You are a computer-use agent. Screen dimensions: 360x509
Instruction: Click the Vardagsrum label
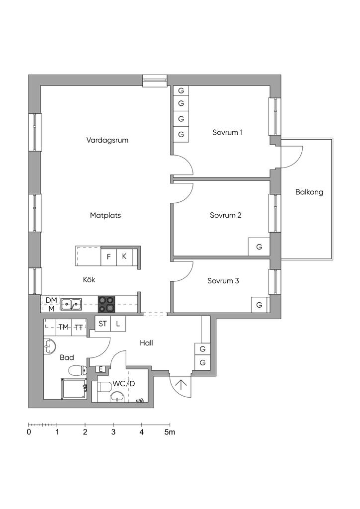coord(107,140)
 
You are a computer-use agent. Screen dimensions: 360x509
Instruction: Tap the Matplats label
coord(105,215)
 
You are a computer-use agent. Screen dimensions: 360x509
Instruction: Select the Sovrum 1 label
coord(228,132)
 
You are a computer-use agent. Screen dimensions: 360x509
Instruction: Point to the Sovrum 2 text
coord(226,215)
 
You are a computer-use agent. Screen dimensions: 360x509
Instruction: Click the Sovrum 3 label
coord(223,281)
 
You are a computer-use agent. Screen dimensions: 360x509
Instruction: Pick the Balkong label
coord(309,192)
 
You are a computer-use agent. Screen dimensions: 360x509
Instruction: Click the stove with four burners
coord(107,304)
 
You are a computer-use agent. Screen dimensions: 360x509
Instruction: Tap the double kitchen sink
coord(71,304)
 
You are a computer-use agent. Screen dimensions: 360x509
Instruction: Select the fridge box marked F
coord(109,256)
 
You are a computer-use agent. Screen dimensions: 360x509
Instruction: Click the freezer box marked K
coord(124,256)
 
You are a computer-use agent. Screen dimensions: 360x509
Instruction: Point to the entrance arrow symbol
coord(180,385)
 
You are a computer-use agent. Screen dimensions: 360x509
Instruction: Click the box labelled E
coord(100,369)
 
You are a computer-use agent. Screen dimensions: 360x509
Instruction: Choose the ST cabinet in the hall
coord(103,324)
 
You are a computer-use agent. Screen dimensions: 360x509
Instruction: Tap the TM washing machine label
coord(64,328)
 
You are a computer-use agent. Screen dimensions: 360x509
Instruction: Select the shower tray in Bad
coord(74,389)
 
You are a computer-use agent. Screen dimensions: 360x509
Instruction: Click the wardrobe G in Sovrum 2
coord(259,247)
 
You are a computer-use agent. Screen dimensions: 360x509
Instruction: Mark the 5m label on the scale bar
coord(170,432)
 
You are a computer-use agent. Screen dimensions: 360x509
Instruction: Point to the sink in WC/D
coord(117,396)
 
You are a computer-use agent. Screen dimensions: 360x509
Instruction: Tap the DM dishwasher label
coord(51,300)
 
